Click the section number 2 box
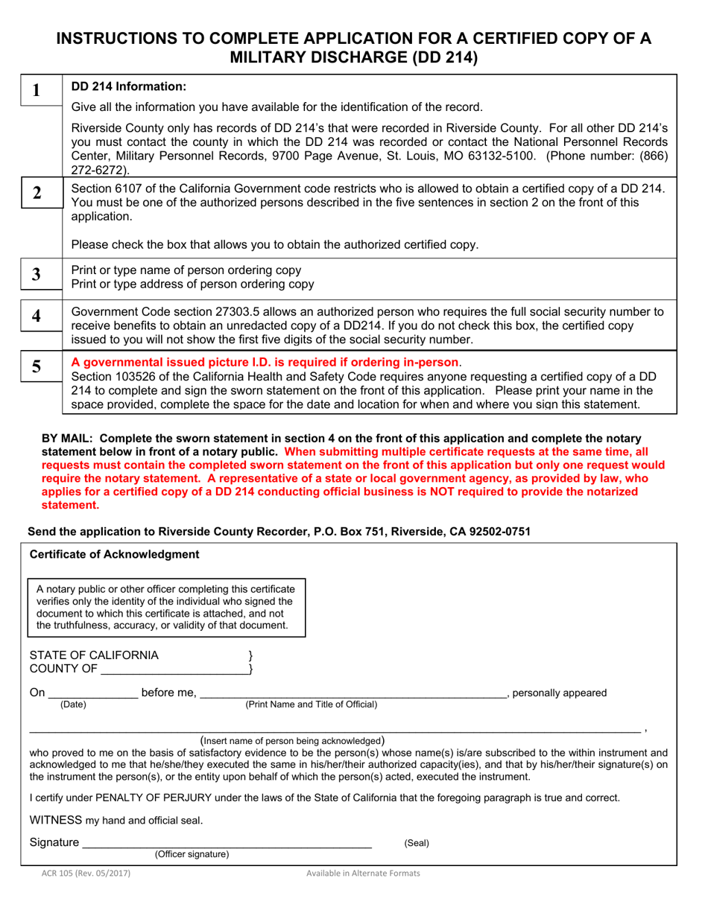point(35,192)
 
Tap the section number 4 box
point(35,316)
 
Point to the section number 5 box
point(35,366)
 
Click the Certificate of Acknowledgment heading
point(114,555)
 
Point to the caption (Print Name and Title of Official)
point(312,705)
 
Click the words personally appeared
point(560,693)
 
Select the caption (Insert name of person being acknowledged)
point(293,740)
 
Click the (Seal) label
point(417,844)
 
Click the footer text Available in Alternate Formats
point(363,874)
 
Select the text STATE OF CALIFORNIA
point(94,655)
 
